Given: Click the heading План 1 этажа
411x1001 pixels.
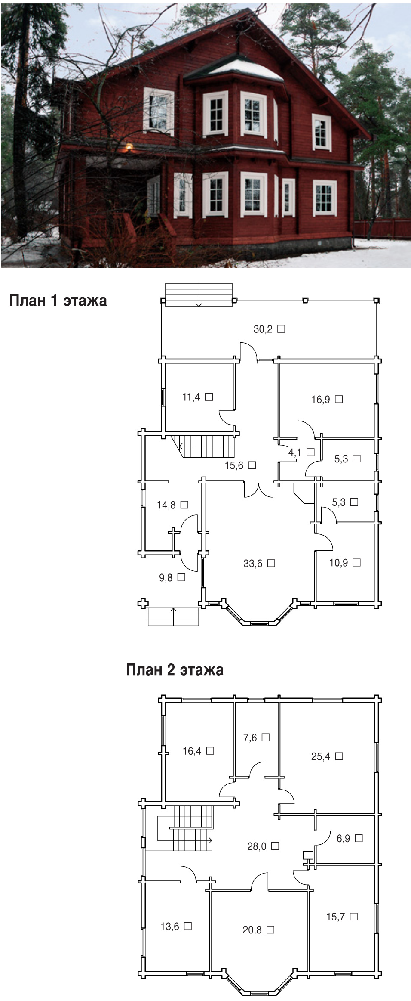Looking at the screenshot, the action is [x=58, y=301].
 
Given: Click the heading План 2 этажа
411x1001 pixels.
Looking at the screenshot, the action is [x=175, y=669].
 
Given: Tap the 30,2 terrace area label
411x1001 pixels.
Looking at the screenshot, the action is [x=269, y=329].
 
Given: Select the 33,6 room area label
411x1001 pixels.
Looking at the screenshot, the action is [x=259, y=563].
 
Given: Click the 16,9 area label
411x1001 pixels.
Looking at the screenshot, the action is [x=327, y=400].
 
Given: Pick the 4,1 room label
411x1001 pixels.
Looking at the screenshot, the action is [x=301, y=452].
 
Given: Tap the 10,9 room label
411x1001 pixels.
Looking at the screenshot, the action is [x=345, y=563].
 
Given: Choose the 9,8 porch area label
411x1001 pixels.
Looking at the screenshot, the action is [x=172, y=578].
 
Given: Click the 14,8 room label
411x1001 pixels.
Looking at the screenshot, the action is [x=172, y=505].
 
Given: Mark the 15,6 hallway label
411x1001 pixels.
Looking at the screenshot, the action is [x=240, y=465].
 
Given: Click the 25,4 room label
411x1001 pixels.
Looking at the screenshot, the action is [x=327, y=756].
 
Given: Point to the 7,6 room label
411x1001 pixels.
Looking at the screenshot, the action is [x=256, y=738].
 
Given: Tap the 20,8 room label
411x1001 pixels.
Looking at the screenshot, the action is [x=258, y=930].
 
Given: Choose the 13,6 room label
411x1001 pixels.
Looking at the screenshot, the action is [x=176, y=926].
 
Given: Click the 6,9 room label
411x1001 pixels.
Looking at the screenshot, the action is [x=350, y=838].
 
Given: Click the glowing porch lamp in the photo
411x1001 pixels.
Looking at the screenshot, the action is [x=128, y=147].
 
